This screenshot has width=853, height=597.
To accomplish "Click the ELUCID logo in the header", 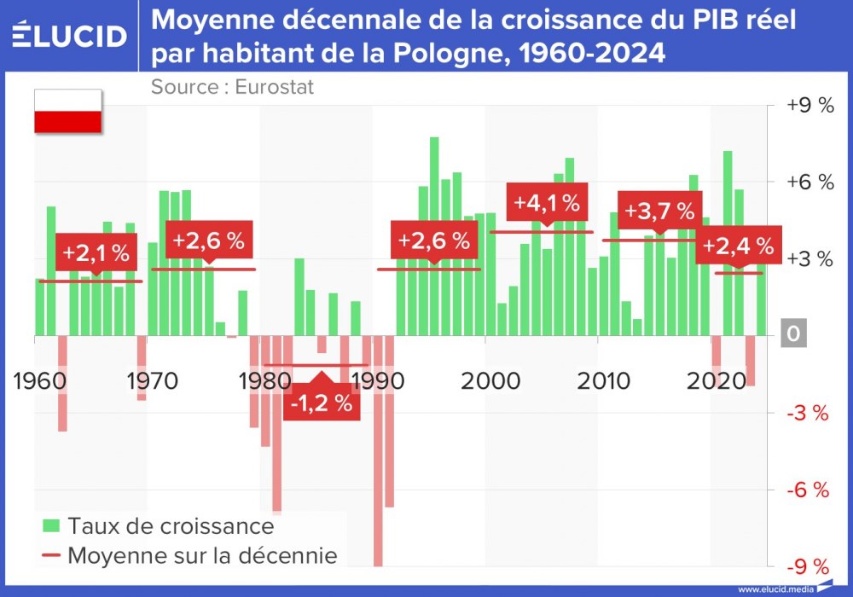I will [70, 35].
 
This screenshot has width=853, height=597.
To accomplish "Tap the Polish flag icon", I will [67, 111].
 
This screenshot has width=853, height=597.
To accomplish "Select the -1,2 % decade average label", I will [322, 403].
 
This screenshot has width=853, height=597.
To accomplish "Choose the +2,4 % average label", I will [739, 246].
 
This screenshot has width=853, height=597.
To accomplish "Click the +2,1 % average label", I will [96, 252].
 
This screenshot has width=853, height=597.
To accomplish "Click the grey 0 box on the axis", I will [793, 334].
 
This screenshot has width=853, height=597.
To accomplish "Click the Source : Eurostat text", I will [232, 87].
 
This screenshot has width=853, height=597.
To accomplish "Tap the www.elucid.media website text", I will [775, 588].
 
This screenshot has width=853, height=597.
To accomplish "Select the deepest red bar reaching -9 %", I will [378, 452].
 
